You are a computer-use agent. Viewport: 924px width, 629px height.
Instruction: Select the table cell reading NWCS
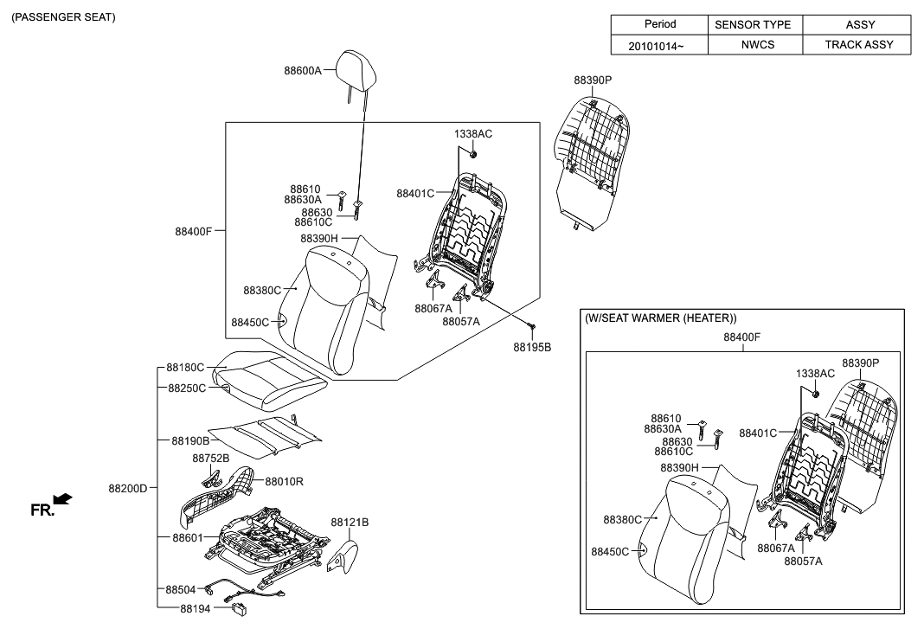click(x=754, y=44)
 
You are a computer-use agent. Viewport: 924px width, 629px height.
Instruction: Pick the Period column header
click(x=659, y=24)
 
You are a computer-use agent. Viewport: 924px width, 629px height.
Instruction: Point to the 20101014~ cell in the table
click(x=659, y=44)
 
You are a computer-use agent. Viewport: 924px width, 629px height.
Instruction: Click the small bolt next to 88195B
click(x=533, y=326)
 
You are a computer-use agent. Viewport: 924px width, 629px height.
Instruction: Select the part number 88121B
click(x=350, y=523)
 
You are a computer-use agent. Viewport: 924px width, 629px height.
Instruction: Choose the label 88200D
click(x=128, y=488)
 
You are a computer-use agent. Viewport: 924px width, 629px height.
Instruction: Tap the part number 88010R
click(x=284, y=481)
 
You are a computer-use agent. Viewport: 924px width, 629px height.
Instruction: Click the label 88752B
click(x=210, y=458)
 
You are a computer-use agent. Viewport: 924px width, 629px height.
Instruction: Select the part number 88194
click(x=195, y=609)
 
